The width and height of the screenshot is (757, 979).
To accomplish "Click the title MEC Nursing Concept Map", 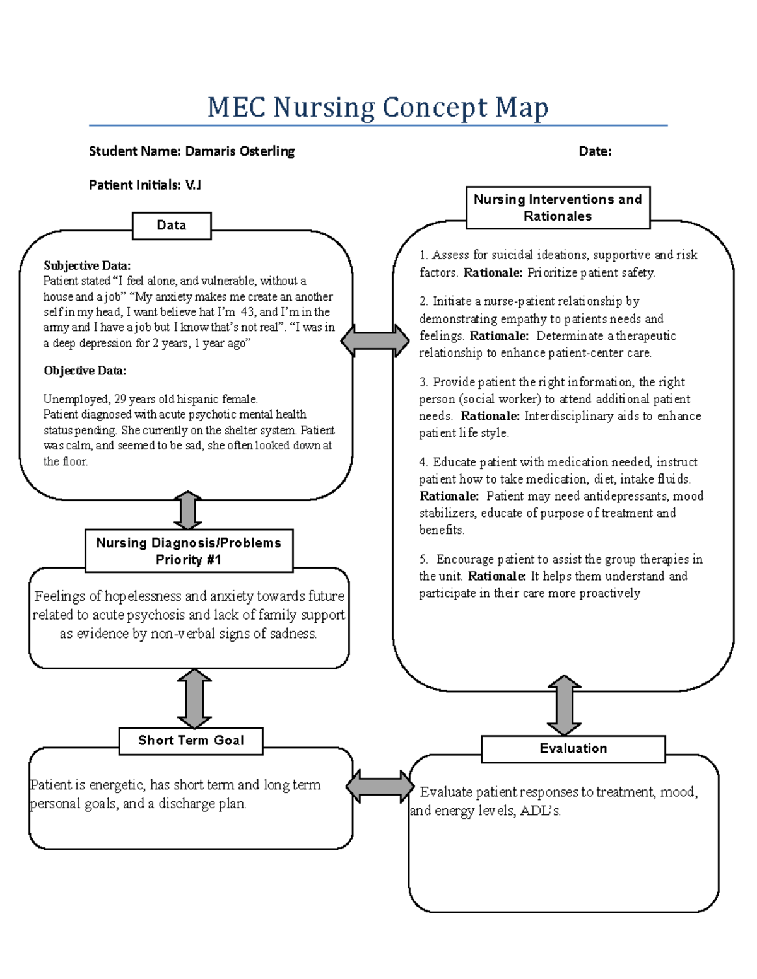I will click(x=378, y=107).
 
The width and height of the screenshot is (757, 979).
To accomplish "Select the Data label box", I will click(x=172, y=226).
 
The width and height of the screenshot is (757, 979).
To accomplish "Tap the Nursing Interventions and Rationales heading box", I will click(x=558, y=207).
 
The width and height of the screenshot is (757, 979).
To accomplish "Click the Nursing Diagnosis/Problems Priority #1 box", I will click(x=189, y=551).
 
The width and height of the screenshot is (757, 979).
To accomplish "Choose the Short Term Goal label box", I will click(x=191, y=741).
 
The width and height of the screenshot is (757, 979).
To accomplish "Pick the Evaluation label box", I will click(x=573, y=749).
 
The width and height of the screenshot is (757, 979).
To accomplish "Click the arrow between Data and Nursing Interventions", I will click(x=375, y=341).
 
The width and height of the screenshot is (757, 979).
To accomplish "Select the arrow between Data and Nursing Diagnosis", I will click(x=188, y=510).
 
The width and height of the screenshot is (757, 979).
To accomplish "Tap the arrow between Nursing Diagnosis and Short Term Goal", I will click(x=194, y=698).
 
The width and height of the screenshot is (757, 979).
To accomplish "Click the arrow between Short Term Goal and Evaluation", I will click(x=380, y=786).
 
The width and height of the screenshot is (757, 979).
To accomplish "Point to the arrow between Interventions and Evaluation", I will click(x=564, y=705).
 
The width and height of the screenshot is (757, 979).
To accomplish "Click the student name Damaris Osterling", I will click(x=240, y=151).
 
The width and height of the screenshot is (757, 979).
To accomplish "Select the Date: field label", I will click(x=595, y=151).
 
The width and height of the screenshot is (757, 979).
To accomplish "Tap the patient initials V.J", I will click(x=192, y=185).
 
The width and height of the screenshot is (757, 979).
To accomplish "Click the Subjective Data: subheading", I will click(x=87, y=265).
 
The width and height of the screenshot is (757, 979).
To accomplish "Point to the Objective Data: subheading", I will click(x=85, y=371).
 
